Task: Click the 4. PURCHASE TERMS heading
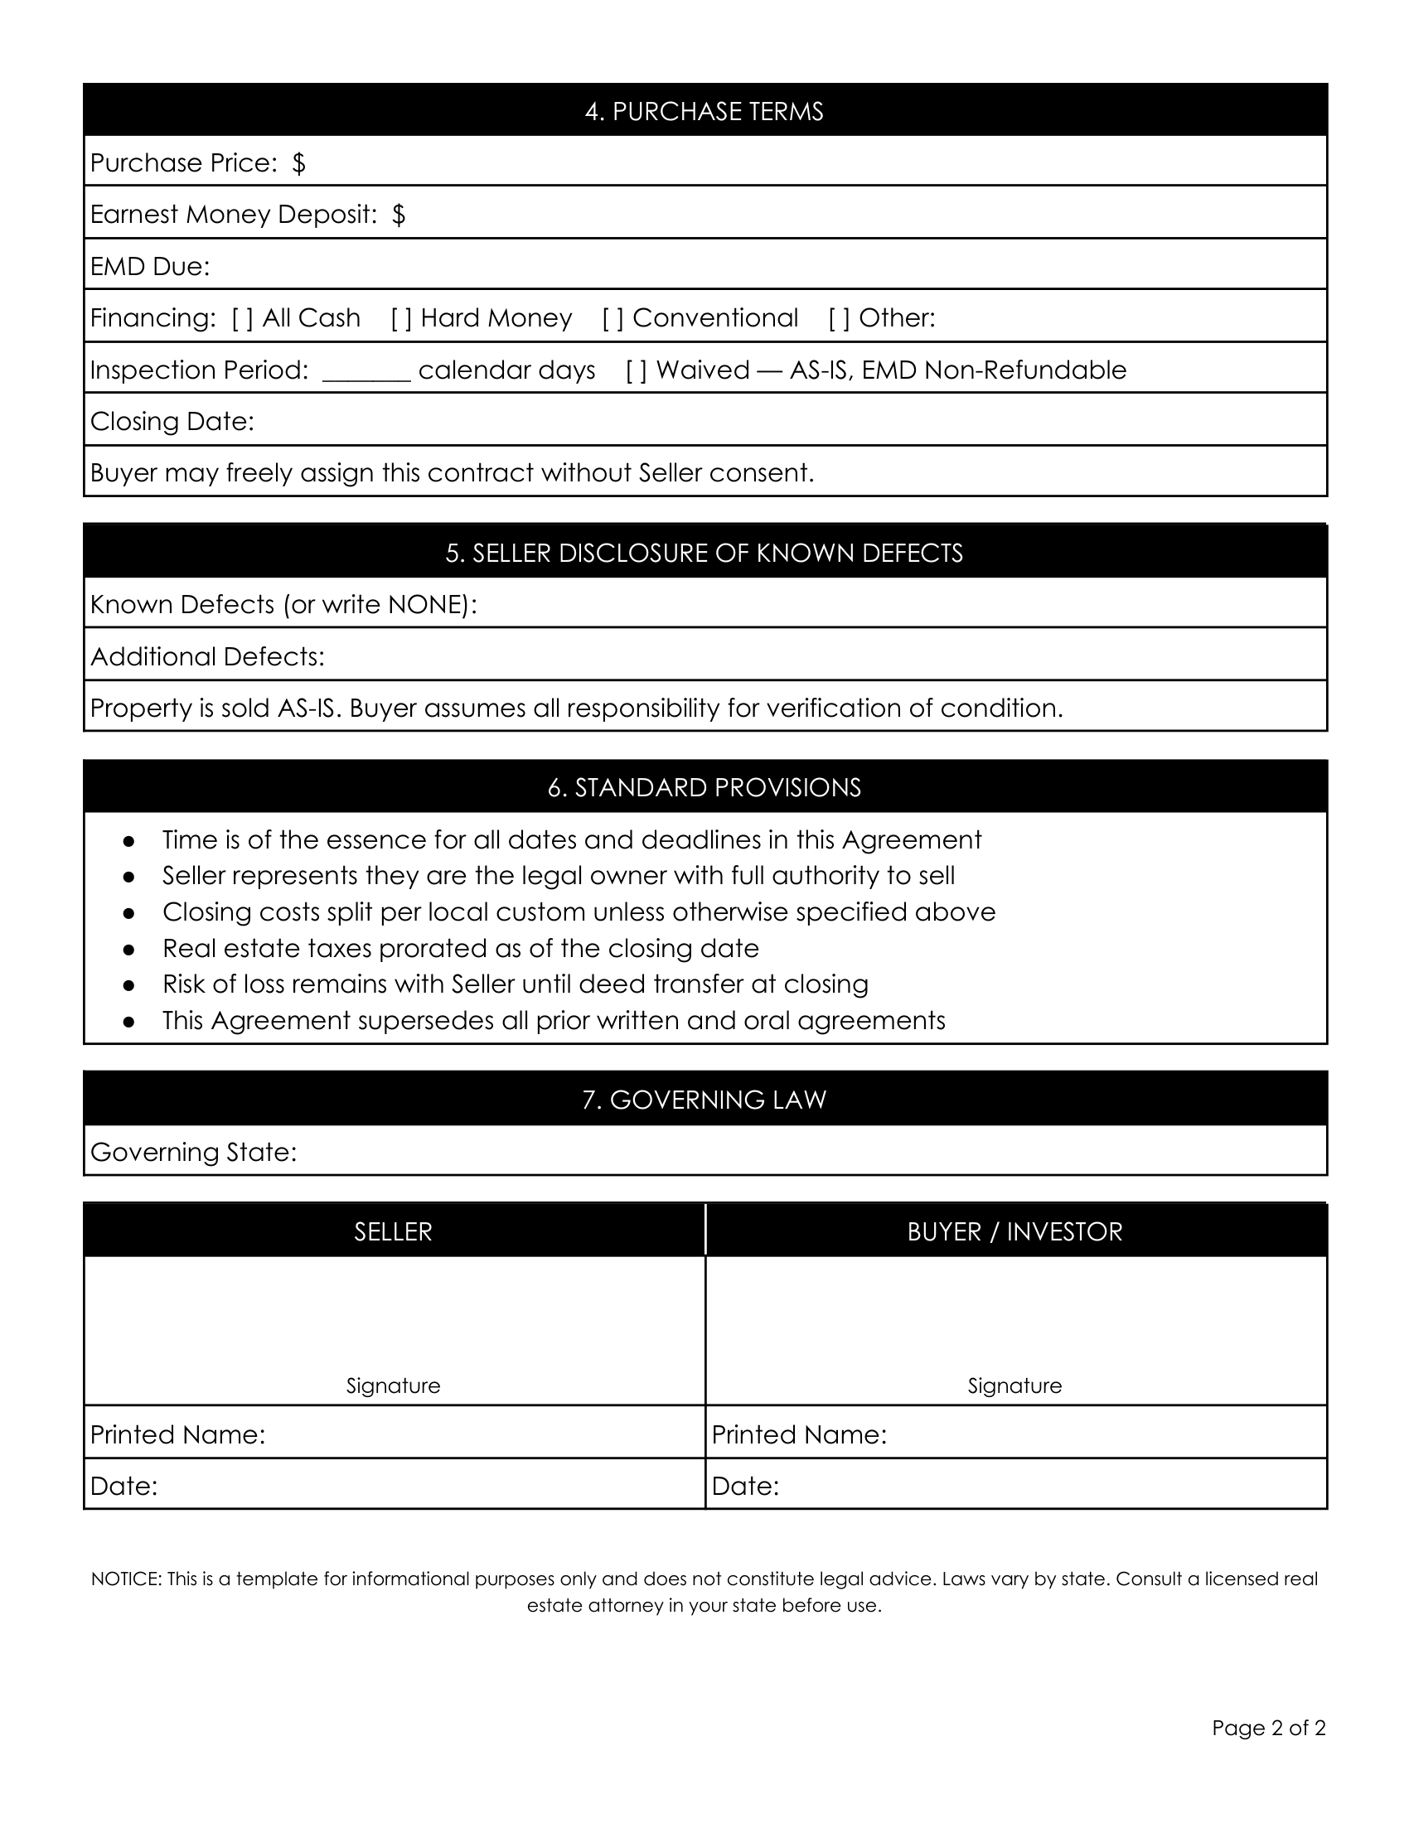pyautogui.click(x=704, y=111)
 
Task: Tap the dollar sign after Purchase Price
pyautogui.click(x=299, y=162)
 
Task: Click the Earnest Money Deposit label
pyautogui.click(x=234, y=215)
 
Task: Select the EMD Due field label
pyautogui.click(x=150, y=266)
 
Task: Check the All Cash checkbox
pyautogui.click(x=243, y=318)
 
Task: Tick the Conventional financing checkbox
pyautogui.click(x=613, y=318)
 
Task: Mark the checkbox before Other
pyautogui.click(x=840, y=318)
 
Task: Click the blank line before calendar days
pyautogui.click(x=366, y=372)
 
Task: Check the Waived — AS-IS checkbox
pyautogui.click(x=637, y=370)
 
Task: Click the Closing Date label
pyautogui.click(x=172, y=422)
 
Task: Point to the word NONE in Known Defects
pyautogui.click(x=427, y=604)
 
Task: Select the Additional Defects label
pyautogui.click(x=207, y=657)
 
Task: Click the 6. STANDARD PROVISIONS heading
pyautogui.click(x=704, y=787)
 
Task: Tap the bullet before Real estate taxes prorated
pyautogui.click(x=128, y=949)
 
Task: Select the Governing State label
pyautogui.click(x=194, y=1153)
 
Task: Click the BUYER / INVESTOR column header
pyautogui.click(x=1014, y=1231)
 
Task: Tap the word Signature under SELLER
pyautogui.click(x=393, y=1385)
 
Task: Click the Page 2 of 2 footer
pyautogui.click(x=1268, y=1727)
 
